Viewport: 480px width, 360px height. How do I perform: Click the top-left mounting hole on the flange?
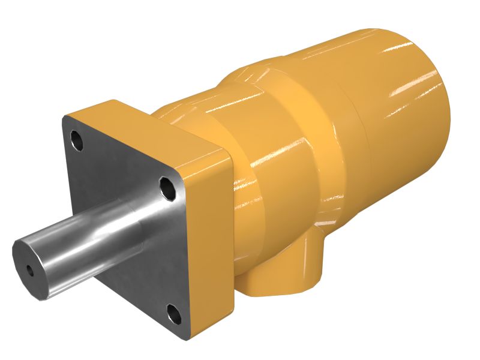coord(77,141)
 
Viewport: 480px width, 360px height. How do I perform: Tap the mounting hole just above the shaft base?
coord(168,188)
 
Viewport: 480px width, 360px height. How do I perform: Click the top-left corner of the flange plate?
coord(65,120)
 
